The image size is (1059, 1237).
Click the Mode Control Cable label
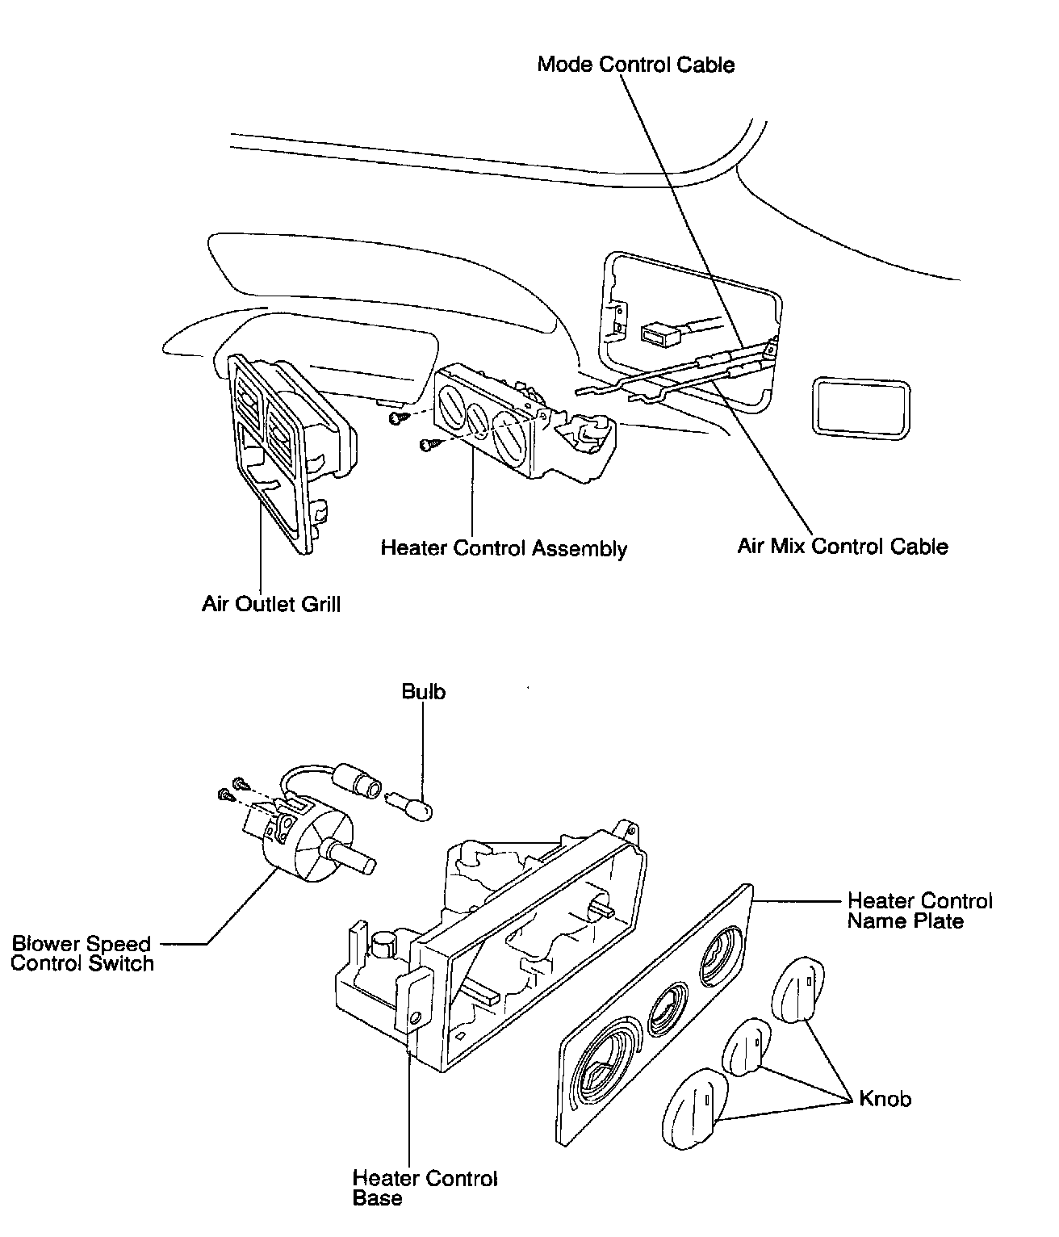tap(636, 65)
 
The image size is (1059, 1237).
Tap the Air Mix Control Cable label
tap(843, 547)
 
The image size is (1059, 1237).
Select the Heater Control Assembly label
tap(504, 548)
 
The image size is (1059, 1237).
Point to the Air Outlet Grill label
tap(271, 603)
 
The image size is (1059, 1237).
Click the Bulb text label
tap(424, 692)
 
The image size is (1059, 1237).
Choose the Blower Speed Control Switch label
tap(82, 954)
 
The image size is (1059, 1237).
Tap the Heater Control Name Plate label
tap(919, 911)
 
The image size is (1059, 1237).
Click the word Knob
tap(885, 1099)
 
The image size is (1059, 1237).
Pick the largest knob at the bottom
tap(695, 1107)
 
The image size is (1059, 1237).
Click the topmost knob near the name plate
tap(797, 988)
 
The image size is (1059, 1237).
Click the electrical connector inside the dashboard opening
tap(659, 333)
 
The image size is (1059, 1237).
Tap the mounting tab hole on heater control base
tap(414, 1018)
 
